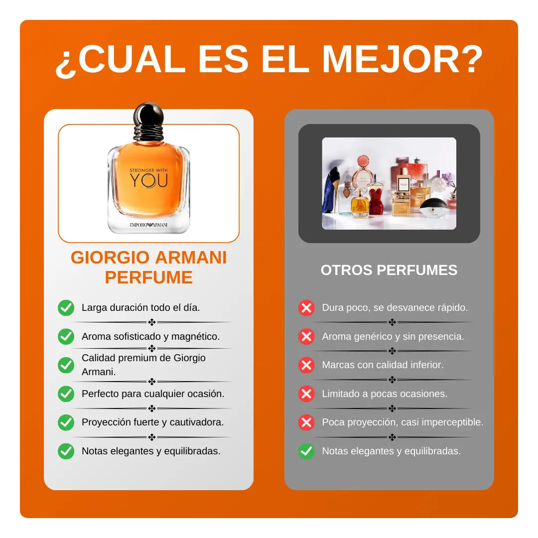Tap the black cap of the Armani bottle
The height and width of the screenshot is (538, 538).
coord(148,122)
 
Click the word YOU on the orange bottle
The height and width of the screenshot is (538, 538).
coord(148,180)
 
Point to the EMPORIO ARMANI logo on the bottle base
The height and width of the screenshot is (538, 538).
coord(148,225)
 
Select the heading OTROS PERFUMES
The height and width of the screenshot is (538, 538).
coord(389,270)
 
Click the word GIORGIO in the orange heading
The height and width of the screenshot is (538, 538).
coord(110,258)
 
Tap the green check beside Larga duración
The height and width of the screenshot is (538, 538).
coord(66,308)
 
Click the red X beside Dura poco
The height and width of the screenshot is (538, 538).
coord(306,308)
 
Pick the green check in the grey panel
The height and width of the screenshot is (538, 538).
coord(306,451)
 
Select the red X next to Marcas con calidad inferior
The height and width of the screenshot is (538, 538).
coord(306,365)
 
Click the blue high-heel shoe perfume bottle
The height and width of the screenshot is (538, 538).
coord(331,190)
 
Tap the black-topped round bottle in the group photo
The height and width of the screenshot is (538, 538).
coord(433,208)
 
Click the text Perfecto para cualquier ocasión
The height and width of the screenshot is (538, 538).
coord(153,394)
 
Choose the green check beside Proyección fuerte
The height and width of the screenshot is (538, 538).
coord(66,422)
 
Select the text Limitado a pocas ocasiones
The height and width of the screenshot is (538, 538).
coord(385,394)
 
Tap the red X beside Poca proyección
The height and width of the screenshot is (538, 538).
coord(306,422)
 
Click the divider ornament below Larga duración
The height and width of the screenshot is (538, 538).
coord(151,322)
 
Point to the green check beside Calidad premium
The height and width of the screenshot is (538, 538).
coord(66,365)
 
